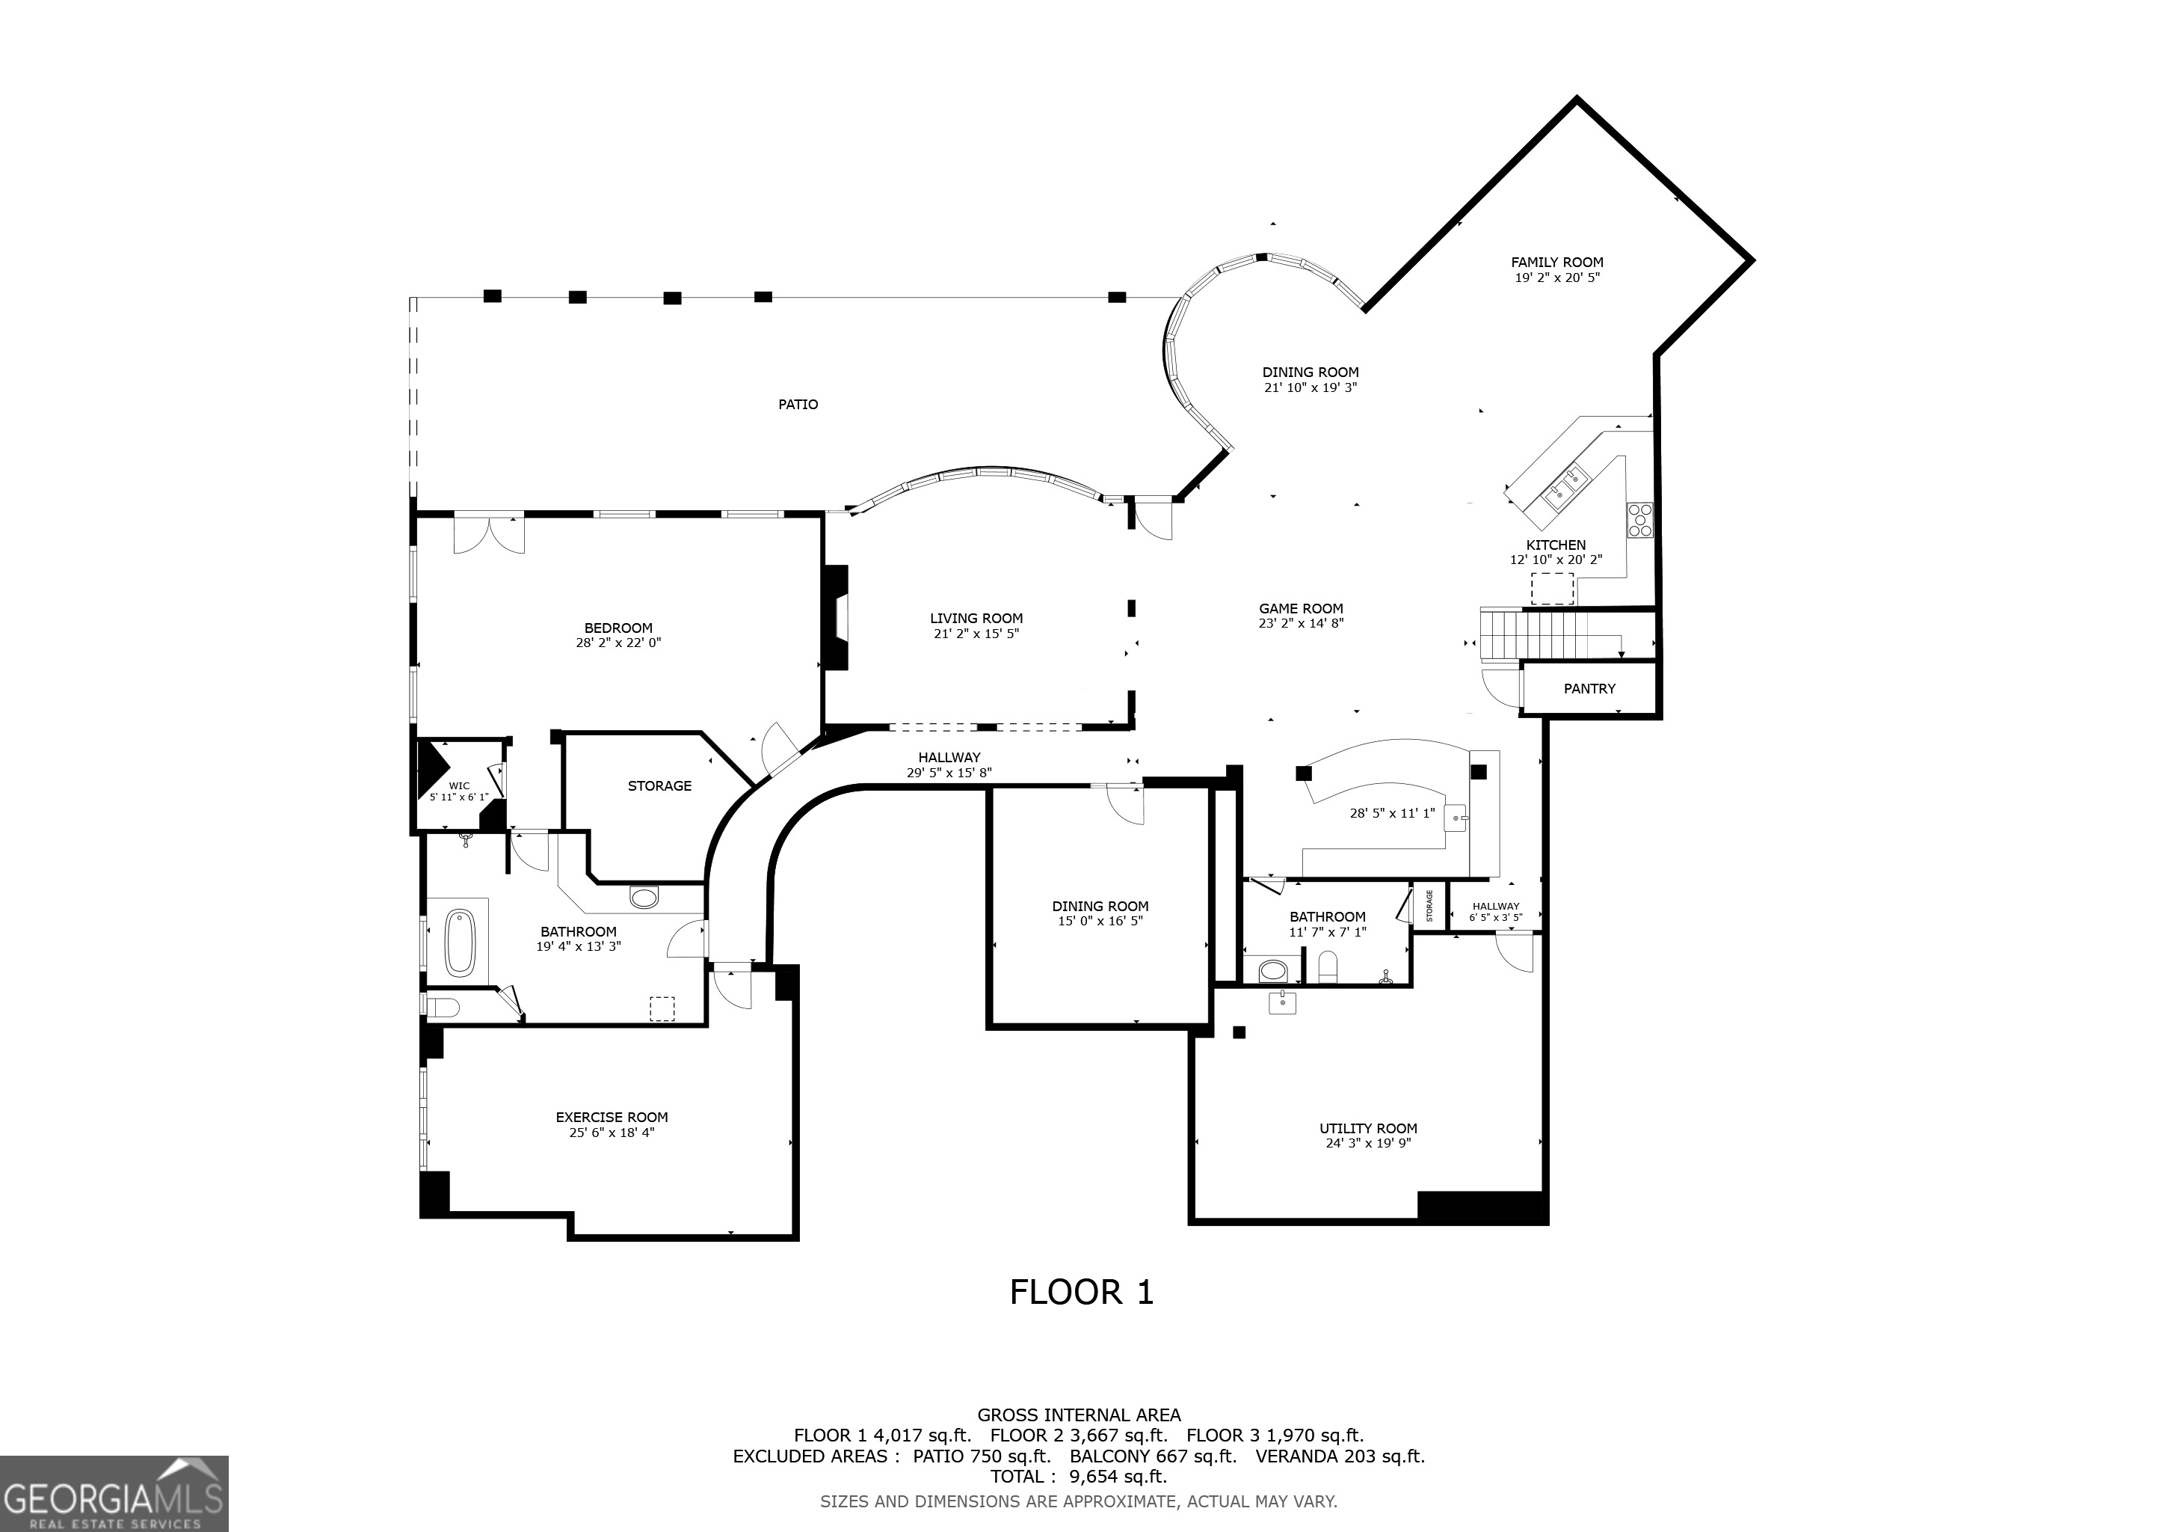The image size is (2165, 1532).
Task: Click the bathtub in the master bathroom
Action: [461, 942]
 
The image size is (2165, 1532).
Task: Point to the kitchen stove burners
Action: [1639, 521]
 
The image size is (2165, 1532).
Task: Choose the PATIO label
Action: [798, 405]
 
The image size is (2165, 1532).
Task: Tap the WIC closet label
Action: [459, 785]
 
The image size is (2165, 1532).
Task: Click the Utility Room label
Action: [1367, 1128]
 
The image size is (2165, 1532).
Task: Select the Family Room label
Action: [1556, 263]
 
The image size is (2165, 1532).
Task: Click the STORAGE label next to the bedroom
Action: [659, 785]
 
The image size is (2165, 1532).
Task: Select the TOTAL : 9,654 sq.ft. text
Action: [1078, 1477]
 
